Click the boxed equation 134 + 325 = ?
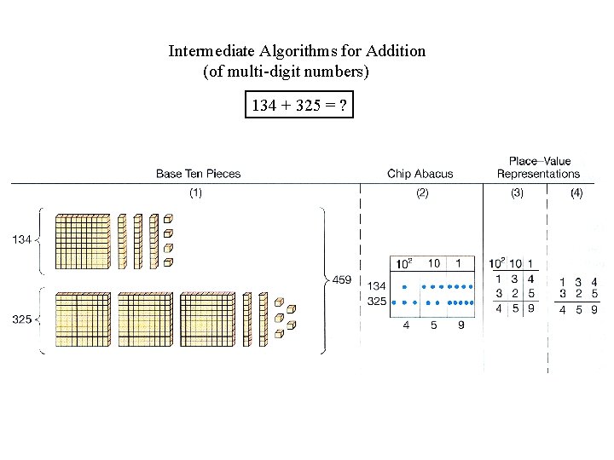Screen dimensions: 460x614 click(298, 106)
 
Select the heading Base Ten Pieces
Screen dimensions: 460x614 click(198, 174)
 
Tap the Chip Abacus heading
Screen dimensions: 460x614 click(420, 174)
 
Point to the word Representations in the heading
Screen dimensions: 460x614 click(538, 174)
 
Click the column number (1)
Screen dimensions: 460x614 click(195, 193)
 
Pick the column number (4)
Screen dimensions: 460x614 click(576, 193)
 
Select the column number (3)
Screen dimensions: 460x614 click(517, 193)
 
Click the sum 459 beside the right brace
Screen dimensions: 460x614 click(341, 279)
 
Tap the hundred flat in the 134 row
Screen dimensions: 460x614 click(82, 241)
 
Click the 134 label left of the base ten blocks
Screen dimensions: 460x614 click(22, 240)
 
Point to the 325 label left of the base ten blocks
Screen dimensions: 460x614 click(22, 319)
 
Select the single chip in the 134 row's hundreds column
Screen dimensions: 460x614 click(404, 287)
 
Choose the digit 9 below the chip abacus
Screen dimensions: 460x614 click(460, 325)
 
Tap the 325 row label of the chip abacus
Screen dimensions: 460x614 click(376, 302)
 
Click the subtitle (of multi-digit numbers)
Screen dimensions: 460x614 click(286, 72)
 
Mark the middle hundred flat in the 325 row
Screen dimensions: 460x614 click(145, 319)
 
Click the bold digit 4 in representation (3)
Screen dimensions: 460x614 click(531, 279)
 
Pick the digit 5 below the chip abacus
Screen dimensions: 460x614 click(433, 325)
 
